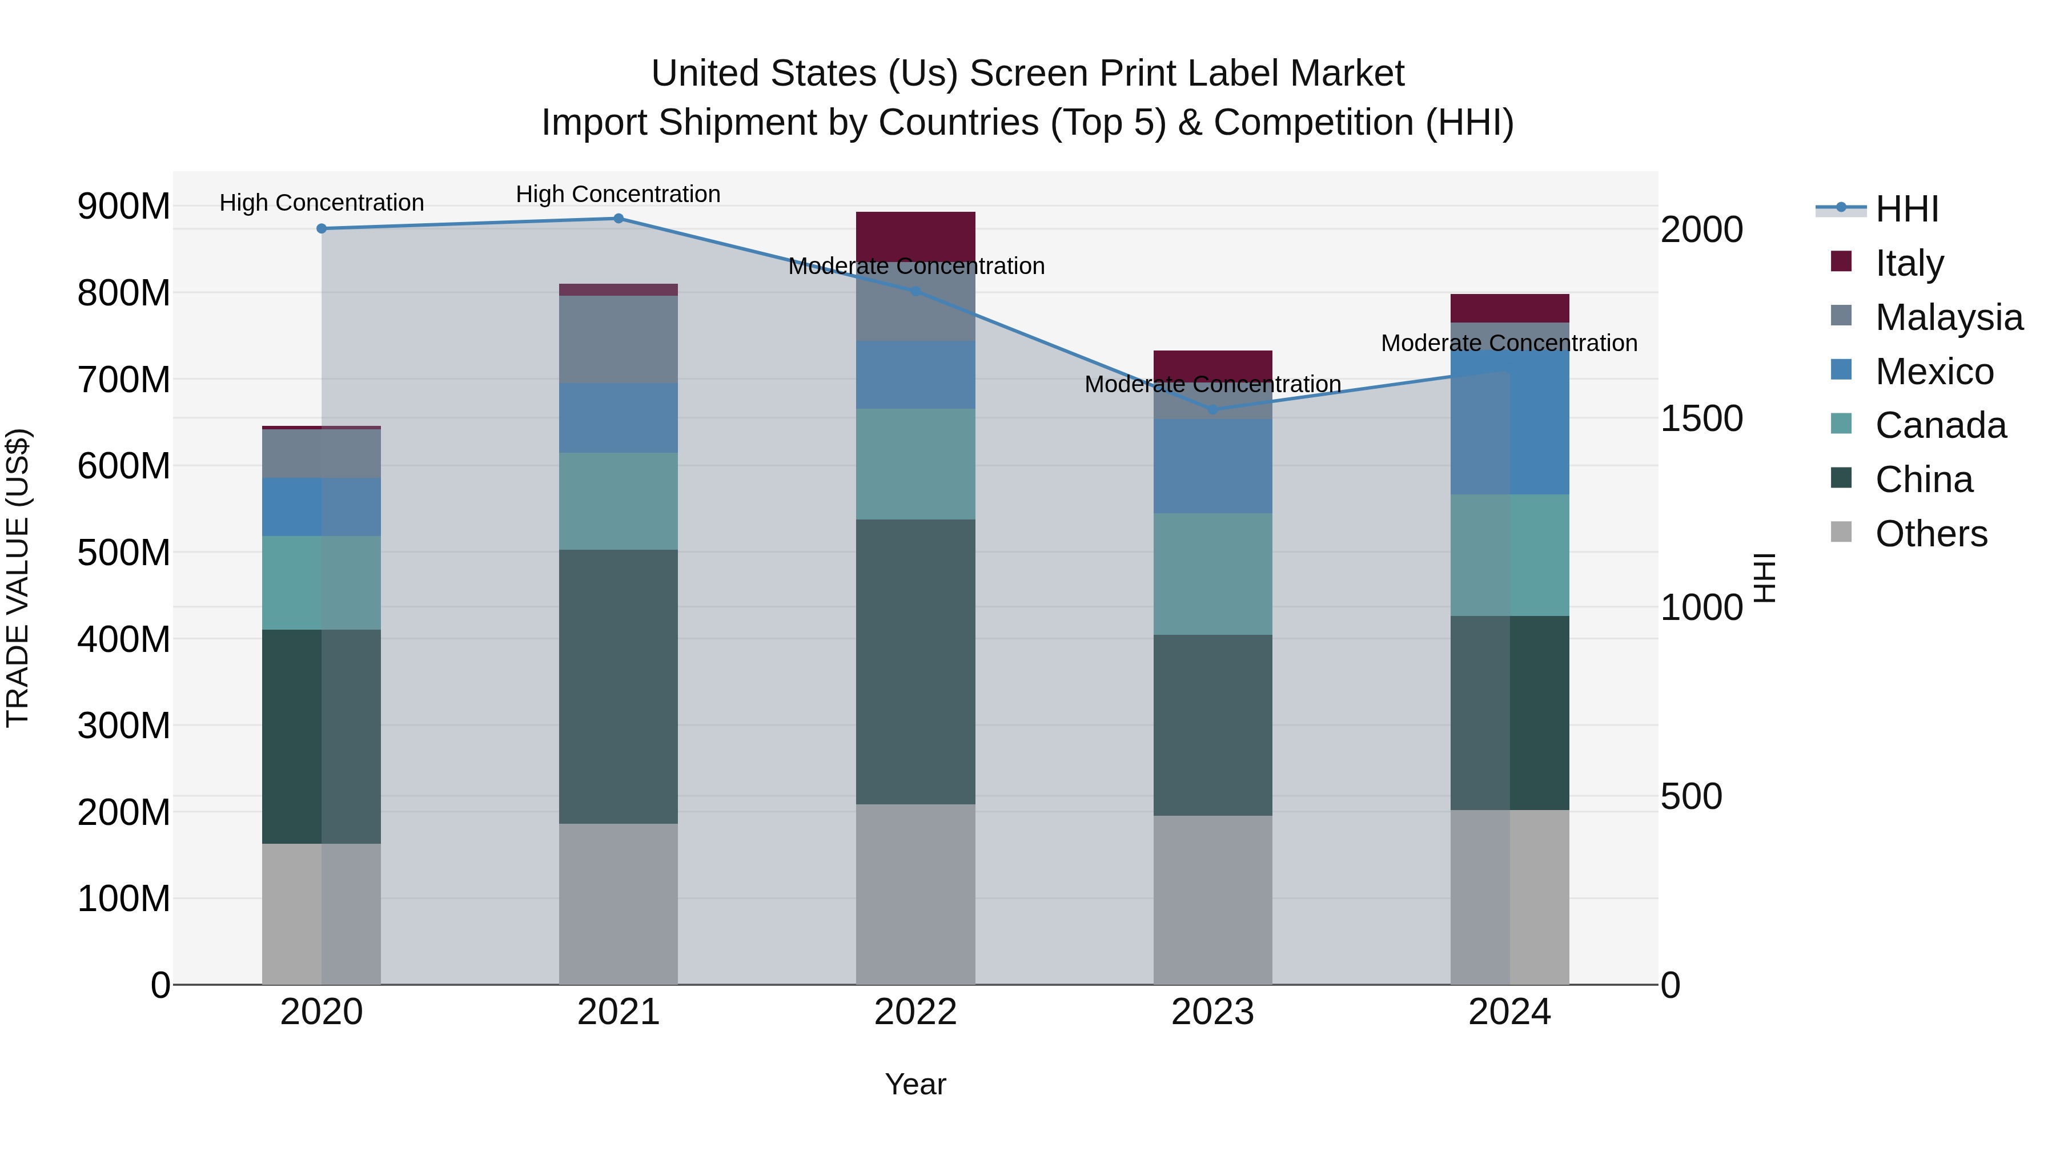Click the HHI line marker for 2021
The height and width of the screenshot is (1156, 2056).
click(619, 219)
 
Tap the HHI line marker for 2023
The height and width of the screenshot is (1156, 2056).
click(1212, 409)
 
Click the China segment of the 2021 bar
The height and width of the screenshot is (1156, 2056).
click(619, 686)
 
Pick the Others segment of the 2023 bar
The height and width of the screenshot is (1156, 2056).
click(1212, 899)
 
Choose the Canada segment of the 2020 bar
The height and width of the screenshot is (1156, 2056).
click(322, 582)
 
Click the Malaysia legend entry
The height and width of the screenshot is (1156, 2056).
click(1948, 317)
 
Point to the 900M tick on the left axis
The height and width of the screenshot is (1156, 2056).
click(124, 207)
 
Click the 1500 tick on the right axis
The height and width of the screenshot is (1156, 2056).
click(1702, 419)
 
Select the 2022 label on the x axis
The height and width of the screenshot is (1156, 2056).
click(915, 1012)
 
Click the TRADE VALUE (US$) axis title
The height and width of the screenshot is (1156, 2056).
click(18, 578)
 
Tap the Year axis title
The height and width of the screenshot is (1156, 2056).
click(915, 1084)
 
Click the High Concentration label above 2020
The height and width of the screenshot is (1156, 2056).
click(322, 203)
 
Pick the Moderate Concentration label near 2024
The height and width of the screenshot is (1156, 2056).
click(1508, 343)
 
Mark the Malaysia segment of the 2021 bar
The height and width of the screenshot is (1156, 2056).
click(619, 339)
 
